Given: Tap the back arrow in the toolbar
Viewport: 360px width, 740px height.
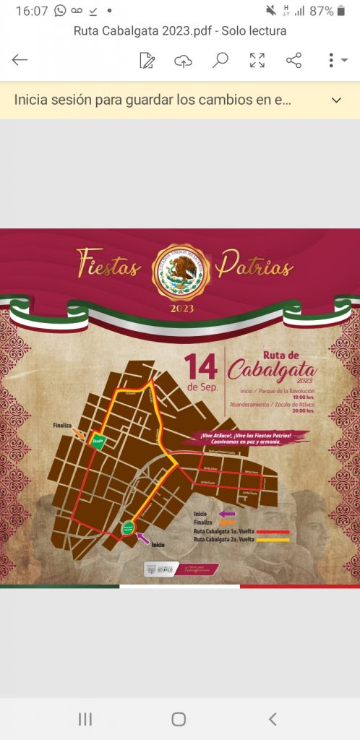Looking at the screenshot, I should coord(20,60).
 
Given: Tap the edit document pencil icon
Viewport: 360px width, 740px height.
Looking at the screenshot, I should coord(147,61).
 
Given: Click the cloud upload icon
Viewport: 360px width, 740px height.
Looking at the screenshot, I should coord(184,61).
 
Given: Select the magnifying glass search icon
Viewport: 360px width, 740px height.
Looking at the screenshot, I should coord(220,60).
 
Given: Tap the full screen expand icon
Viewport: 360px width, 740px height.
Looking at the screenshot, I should coord(257,61).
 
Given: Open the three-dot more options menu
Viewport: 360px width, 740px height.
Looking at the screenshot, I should coord(331,61).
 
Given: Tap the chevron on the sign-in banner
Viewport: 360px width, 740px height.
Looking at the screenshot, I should coord(336,100).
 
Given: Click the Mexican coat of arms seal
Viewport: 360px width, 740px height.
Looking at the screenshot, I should coord(180,271).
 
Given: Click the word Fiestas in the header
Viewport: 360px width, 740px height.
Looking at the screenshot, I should coord(108,265).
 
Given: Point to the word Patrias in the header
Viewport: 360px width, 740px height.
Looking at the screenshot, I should coord(257,265).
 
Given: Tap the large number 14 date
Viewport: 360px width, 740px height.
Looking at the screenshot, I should coord(200,366).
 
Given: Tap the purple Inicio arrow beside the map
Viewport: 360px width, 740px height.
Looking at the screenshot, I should coord(143,537).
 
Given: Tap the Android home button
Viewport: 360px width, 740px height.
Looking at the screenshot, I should coord(179,718).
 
